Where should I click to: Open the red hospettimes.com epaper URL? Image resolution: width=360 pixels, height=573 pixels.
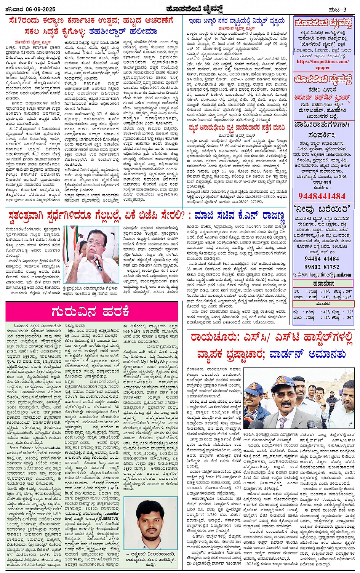point(323,64)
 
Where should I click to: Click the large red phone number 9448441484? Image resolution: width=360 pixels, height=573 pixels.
point(322,196)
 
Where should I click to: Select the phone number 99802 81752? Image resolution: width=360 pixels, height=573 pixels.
point(322,267)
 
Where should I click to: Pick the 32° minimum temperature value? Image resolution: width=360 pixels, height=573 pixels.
point(350,311)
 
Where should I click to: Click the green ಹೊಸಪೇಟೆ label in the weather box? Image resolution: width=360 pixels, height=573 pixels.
point(323,304)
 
